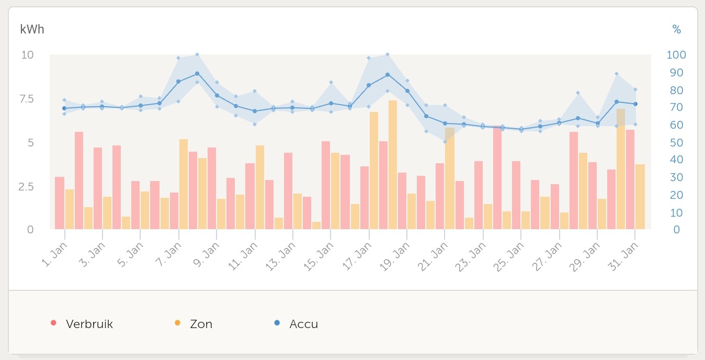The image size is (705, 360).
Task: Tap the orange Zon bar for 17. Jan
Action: (x=374, y=171)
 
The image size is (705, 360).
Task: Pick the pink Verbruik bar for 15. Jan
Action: (x=326, y=185)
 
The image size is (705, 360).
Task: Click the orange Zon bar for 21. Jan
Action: (x=450, y=178)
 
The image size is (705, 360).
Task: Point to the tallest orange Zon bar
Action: (x=393, y=165)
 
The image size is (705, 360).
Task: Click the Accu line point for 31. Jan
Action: (x=635, y=104)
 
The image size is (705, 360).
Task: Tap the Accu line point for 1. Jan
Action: (x=64, y=108)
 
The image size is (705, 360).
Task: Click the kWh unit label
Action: (x=32, y=29)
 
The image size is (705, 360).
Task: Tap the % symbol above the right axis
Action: (x=677, y=30)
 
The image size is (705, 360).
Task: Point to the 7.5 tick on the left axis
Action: (x=27, y=99)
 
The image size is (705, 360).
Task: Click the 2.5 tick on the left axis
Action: (x=27, y=186)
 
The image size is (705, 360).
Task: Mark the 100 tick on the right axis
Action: (x=676, y=55)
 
